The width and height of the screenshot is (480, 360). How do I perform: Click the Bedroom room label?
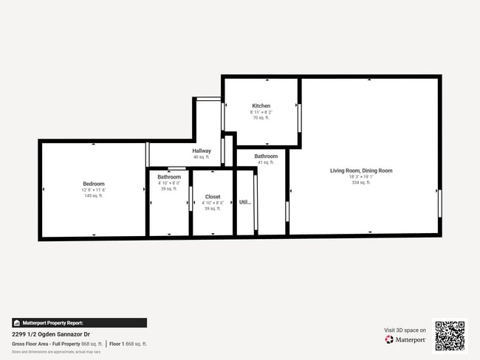[x=93, y=184]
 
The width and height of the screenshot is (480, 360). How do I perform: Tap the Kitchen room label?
[x=261, y=106]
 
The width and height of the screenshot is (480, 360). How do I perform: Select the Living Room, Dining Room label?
[x=361, y=170]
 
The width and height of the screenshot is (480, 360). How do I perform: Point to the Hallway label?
[x=202, y=151]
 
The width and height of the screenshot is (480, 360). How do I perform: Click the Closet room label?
[x=213, y=197]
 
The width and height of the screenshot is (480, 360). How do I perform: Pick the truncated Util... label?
[x=245, y=201]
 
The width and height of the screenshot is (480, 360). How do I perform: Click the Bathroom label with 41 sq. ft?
[x=266, y=156]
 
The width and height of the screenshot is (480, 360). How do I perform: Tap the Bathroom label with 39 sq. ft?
[x=169, y=177]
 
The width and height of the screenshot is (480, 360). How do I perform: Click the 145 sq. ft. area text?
[x=93, y=195]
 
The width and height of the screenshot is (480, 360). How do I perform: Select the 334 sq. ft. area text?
[x=361, y=182]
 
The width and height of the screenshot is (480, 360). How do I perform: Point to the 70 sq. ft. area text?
[x=261, y=117]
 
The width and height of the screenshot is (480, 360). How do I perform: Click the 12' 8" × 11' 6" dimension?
[x=93, y=190]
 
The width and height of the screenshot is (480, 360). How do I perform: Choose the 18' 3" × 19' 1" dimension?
[x=361, y=176]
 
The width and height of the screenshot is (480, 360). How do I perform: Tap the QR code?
[x=450, y=335]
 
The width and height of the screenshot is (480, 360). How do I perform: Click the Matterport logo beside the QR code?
[x=405, y=339]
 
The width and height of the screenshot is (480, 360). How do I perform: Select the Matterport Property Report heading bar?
[x=79, y=322]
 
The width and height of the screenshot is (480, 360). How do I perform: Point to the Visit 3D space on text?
[x=405, y=330]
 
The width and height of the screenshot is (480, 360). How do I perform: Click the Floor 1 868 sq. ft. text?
[x=128, y=344]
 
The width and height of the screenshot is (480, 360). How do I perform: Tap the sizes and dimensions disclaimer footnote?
[x=56, y=352]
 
